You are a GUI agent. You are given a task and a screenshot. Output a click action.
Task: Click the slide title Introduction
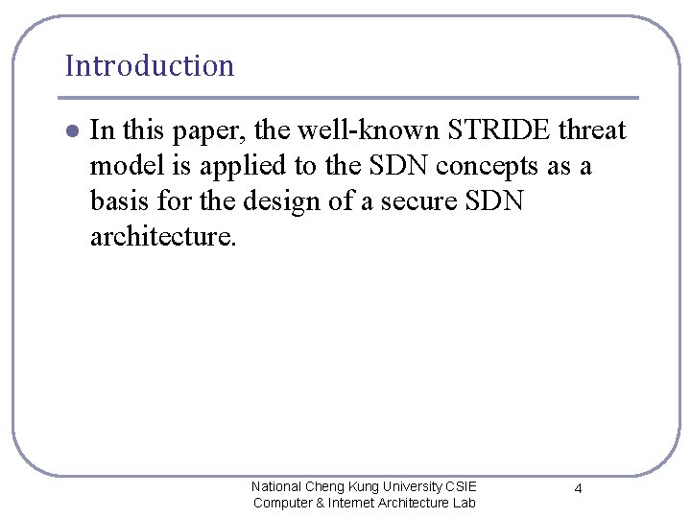(x=150, y=66)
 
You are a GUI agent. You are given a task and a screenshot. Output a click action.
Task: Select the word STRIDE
(x=498, y=130)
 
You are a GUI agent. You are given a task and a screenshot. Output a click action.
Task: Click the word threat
(x=592, y=130)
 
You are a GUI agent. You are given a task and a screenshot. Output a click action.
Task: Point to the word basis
(x=121, y=201)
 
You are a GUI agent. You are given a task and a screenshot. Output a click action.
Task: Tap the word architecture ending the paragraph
(x=161, y=237)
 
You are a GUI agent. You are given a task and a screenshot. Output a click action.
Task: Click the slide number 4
(x=578, y=489)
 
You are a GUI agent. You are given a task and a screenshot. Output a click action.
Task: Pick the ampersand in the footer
(x=321, y=503)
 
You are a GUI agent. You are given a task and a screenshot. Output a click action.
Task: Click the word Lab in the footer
(x=464, y=503)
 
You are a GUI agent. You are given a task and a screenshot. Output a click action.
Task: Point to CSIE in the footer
(x=461, y=486)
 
